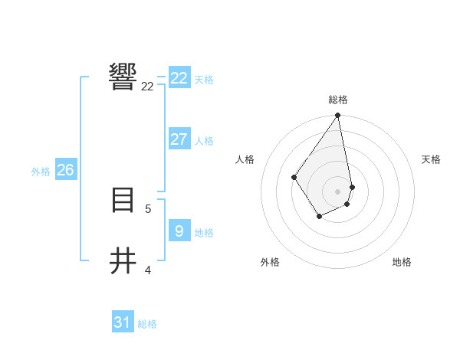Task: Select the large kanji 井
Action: coord(123,260)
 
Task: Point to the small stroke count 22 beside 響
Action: coord(147,87)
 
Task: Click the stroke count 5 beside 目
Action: coord(147,208)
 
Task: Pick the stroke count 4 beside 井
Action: coord(147,270)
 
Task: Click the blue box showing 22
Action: coord(179,78)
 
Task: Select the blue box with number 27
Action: coord(179,139)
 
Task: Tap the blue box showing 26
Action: coord(65,170)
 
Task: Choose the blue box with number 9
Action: coord(179,230)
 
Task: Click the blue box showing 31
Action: coord(123,322)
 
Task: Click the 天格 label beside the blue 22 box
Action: coord(204,80)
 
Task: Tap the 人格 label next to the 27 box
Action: coord(204,141)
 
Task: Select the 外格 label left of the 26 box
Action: coord(41,172)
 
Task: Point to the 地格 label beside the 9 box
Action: coord(204,233)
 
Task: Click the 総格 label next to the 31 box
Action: coord(147,325)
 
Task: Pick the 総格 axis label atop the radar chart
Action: coord(338,100)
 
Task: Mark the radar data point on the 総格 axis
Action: coord(338,116)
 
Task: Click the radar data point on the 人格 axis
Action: coord(294,178)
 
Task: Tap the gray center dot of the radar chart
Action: coord(338,191)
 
